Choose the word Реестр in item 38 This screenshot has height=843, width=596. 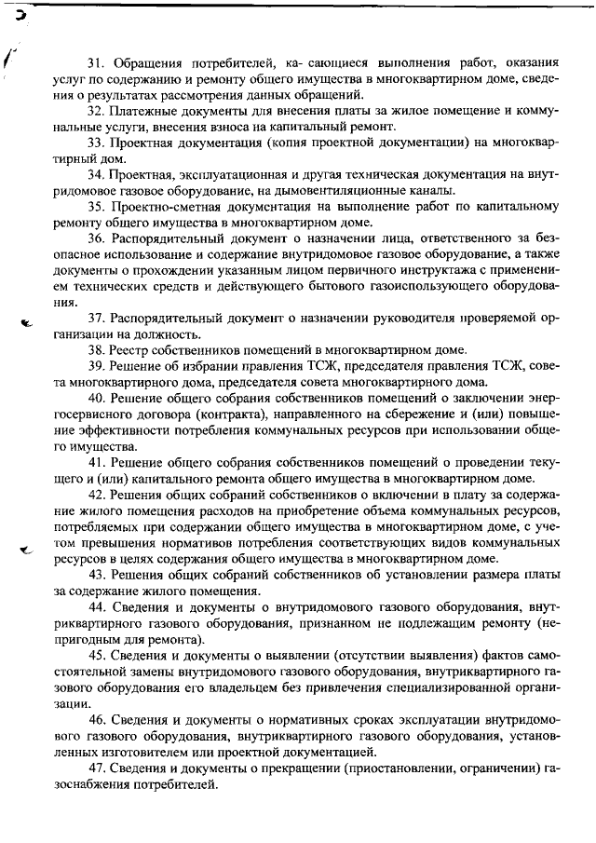(136, 350)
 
